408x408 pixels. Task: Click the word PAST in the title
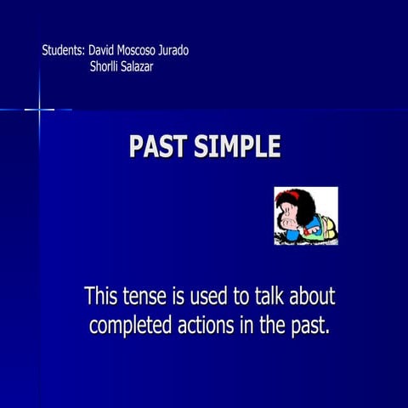point(158,147)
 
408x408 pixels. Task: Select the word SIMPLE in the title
point(237,147)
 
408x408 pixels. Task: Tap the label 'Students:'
point(64,50)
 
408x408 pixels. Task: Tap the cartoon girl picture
point(305,216)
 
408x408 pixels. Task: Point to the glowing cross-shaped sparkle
point(39,109)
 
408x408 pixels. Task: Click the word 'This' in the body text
point(102,297)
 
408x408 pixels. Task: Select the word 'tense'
point(150,297)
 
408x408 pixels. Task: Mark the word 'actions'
point(209,326)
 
